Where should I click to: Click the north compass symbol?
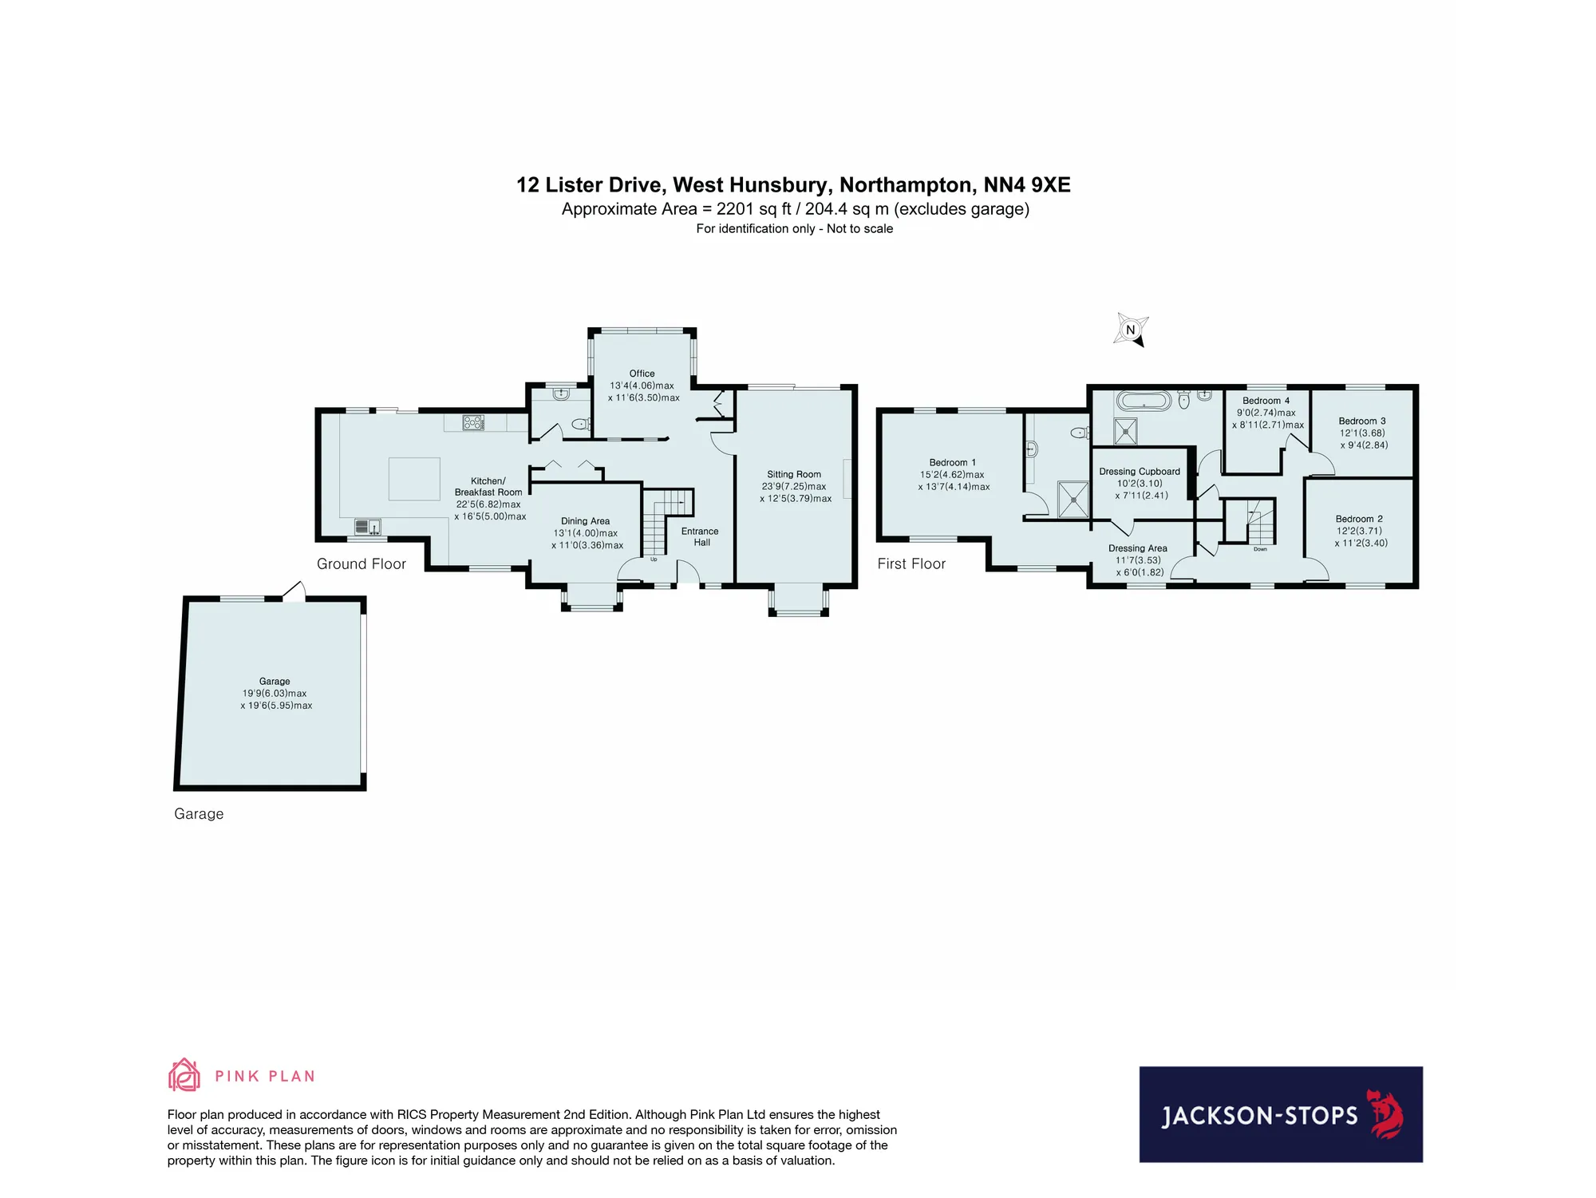pyautogui.click(x=1130, y=330)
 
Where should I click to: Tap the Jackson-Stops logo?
pyautogui.click(x=1281, y=1114)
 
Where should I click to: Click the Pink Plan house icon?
pyautogui.click(x=184, y=1075)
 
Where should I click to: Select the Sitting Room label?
pyautogui.click(x=794, y=474)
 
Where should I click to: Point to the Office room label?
pyautogui.click(x=642, y=374)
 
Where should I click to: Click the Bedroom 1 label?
pyautogui.click(x=952, y=463)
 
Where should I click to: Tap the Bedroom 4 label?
pyautogui.click(x=1266, y=401)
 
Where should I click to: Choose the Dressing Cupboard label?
pyautogui.click(x=1140, y=472)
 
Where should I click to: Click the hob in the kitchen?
pyautogui.click(x=473, y=422)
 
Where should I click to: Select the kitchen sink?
pyautogui.click(x=368, y=527)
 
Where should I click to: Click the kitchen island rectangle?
pyautogui.click(x=414, y=479)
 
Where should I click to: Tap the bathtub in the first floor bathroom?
pyautogui.click(x=1144, y=401)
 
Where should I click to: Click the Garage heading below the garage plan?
pyautogui.click(x=199, y=814)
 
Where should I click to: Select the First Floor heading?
pyautogui.click(x=911, y=563)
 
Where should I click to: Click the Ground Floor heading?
pyautogui.click(x=361, y=563)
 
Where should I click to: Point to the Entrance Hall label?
pyautogui.click(x=700, y=537)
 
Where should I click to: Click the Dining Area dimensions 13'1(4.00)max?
pyautogui.click(x=586, y=533)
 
